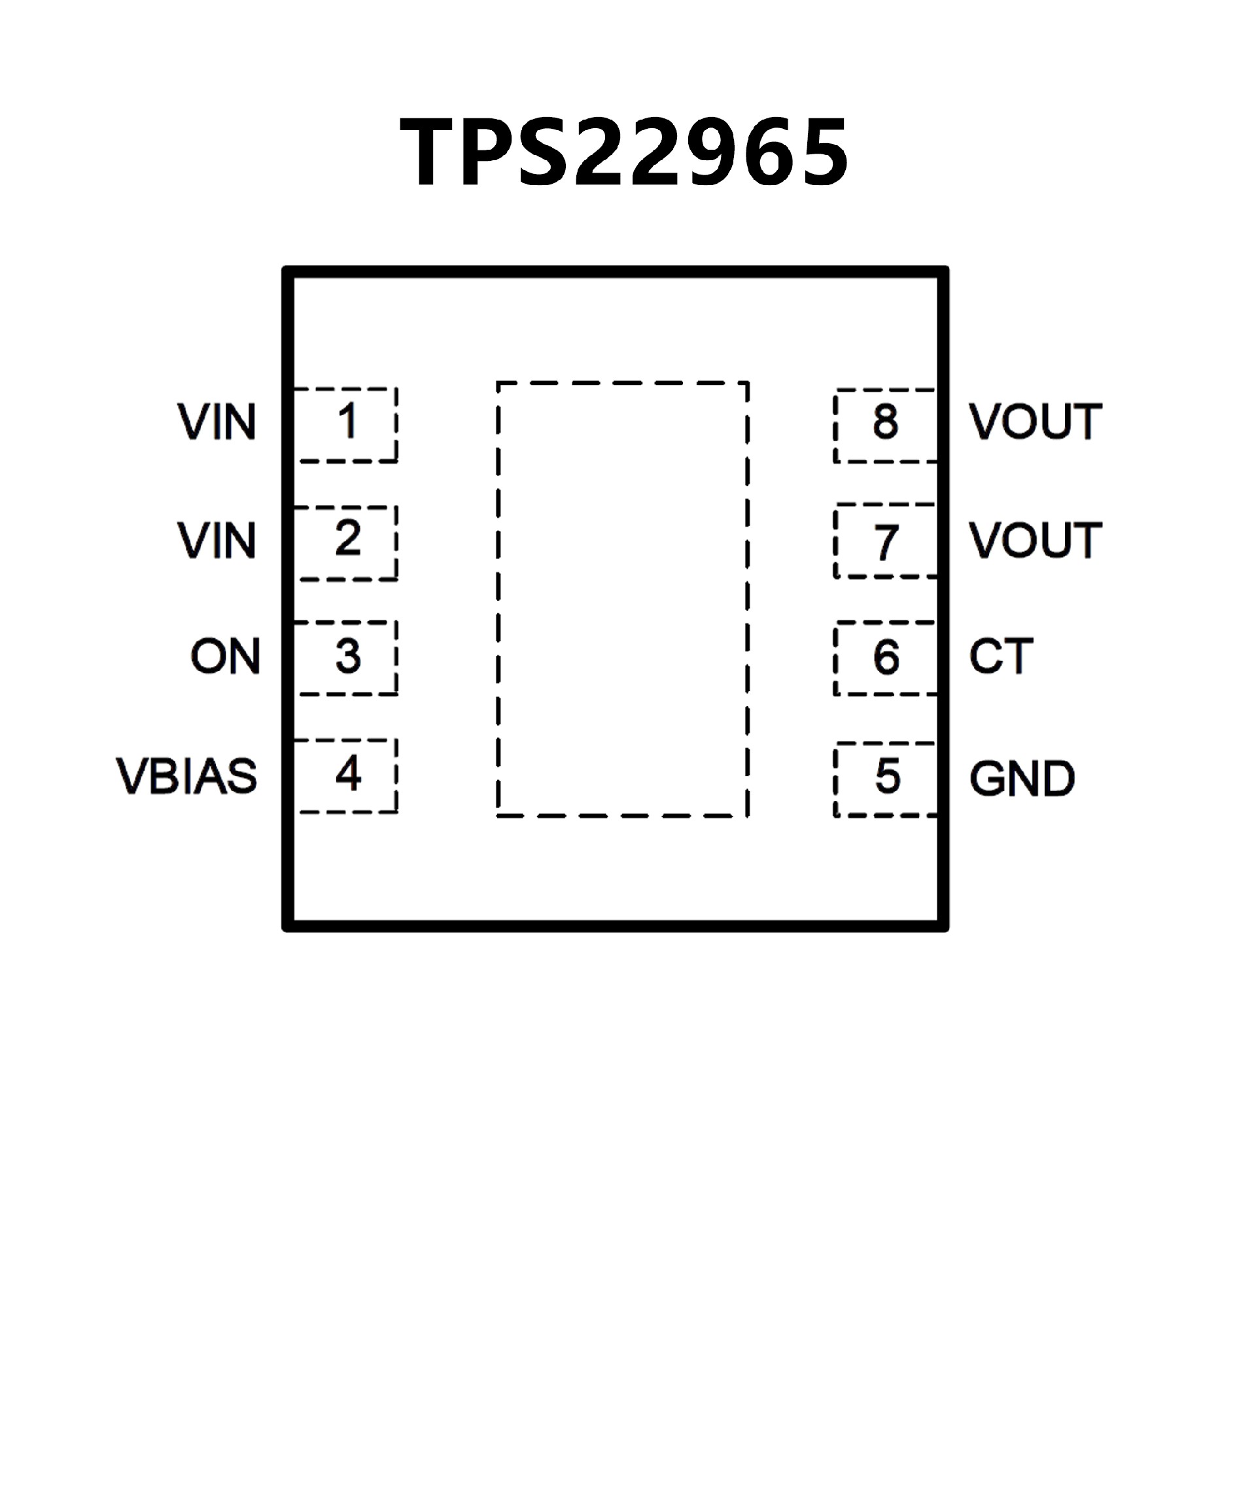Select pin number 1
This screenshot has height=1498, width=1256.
347,422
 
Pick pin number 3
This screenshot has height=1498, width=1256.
347,656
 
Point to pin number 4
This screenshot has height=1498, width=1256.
347,774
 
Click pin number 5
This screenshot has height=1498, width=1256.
887,777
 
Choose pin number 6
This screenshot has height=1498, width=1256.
886,658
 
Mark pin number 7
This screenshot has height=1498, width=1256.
886,542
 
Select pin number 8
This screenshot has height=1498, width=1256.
886,422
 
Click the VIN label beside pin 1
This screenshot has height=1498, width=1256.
217,422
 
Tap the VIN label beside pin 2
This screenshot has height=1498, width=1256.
217,541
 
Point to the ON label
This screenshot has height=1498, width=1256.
225,656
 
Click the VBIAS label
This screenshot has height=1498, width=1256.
186,776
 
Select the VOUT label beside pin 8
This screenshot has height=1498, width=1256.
1036,422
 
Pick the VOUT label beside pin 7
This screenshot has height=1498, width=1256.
1036,541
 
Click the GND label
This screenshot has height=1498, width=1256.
1021,778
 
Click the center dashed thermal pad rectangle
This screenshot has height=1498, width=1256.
622,599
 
